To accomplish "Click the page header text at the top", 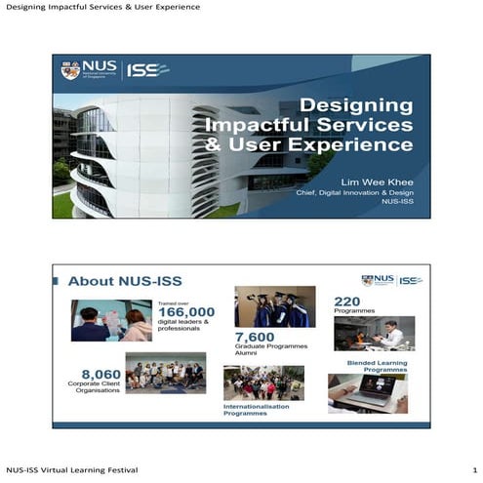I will pos(102,8).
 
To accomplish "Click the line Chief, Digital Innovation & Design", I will pos(354,192).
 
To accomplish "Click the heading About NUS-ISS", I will pos(125,281).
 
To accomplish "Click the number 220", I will pos(347,301).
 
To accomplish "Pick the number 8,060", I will pos(101,373).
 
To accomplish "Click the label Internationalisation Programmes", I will pos(258,410).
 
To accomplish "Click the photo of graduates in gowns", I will pos(274,306).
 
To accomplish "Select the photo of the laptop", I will pos(368,393).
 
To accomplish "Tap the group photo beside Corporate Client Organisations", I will pos(165,373).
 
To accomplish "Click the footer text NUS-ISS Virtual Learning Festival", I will pos(71,470).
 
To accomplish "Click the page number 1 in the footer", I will pos(473,470).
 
